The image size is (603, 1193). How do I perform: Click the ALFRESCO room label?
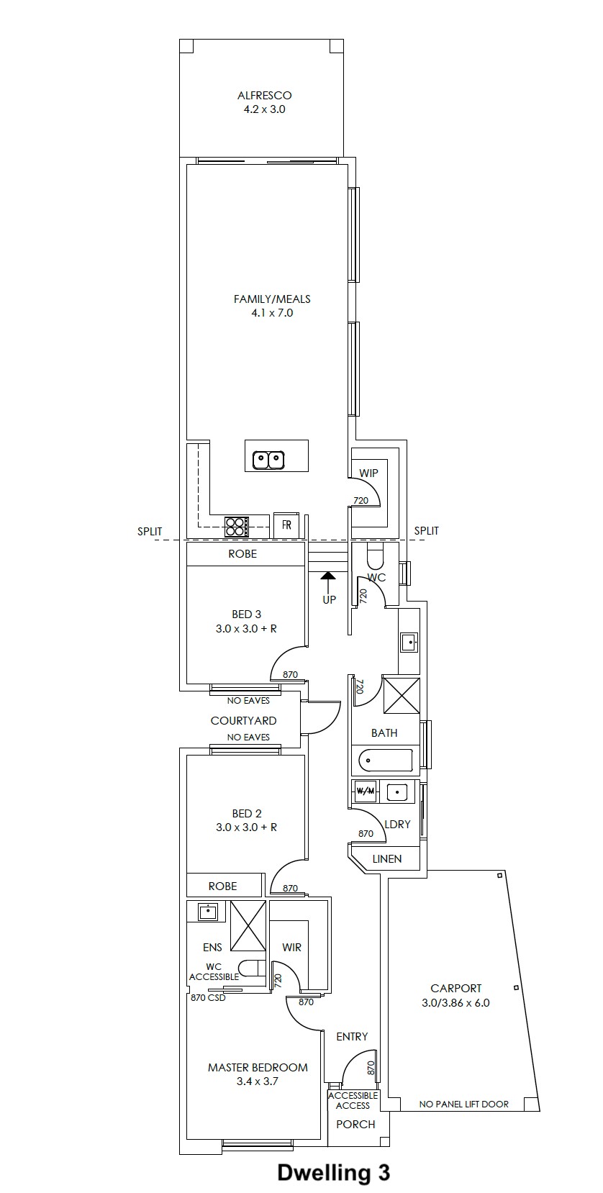[264, 96]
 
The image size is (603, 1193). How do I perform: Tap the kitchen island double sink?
[268, 459]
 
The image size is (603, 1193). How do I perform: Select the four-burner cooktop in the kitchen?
[237, 526]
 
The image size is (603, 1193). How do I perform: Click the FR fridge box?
[286, 525]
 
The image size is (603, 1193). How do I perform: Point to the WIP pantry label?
[368, 473]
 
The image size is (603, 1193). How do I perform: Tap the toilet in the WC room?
[375, 556]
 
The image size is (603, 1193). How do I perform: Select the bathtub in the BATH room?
[386, 760]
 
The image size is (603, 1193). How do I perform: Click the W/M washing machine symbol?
[365, 791]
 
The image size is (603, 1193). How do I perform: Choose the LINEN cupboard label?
[386, 858]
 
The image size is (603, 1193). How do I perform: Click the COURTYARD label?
[243, 720]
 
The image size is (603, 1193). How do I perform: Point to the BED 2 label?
[247, 813]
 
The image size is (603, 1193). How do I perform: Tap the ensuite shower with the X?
[248, 925]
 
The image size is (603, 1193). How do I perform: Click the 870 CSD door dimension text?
[208, 997]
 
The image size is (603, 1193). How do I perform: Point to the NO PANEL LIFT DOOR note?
[464, 1104]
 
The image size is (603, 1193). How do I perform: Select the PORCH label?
[356, 1125]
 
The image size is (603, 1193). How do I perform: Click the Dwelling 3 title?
[333, 1172]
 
